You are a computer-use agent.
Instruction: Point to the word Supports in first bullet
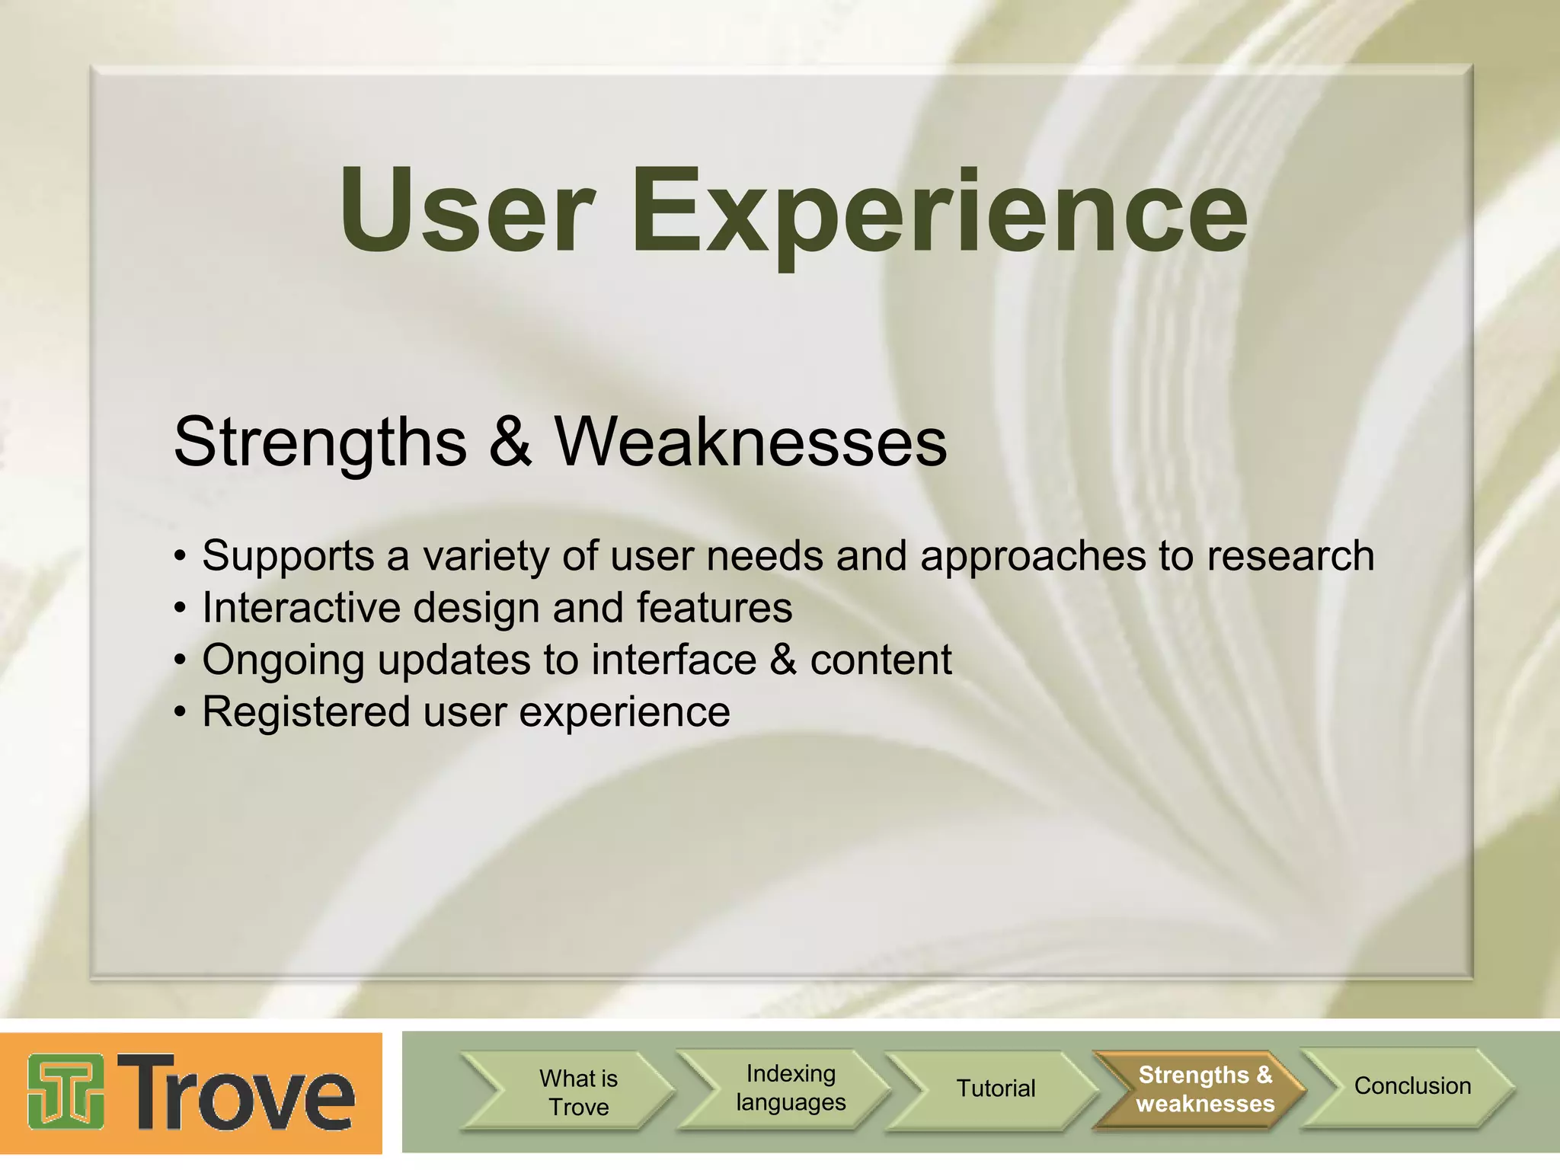pyautogui.click(x=288, y=556)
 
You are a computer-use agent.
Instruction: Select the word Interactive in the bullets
pyautogui.click(x=301, y=608)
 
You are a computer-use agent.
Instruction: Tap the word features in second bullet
pyautogui.click(x=714, y=608)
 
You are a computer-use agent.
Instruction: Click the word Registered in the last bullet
pyautogui.click(x=305, y=712)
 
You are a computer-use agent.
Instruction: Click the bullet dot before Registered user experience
pyautogui.click(x=180, y=713)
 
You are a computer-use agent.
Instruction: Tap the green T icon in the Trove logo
pyautogui.click(x=66, y=1091)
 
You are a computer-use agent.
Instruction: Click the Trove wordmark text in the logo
pyautogui.click(x=236, y=1091)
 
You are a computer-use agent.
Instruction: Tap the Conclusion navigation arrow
pyautogui.click(x=1411, y=1086)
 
